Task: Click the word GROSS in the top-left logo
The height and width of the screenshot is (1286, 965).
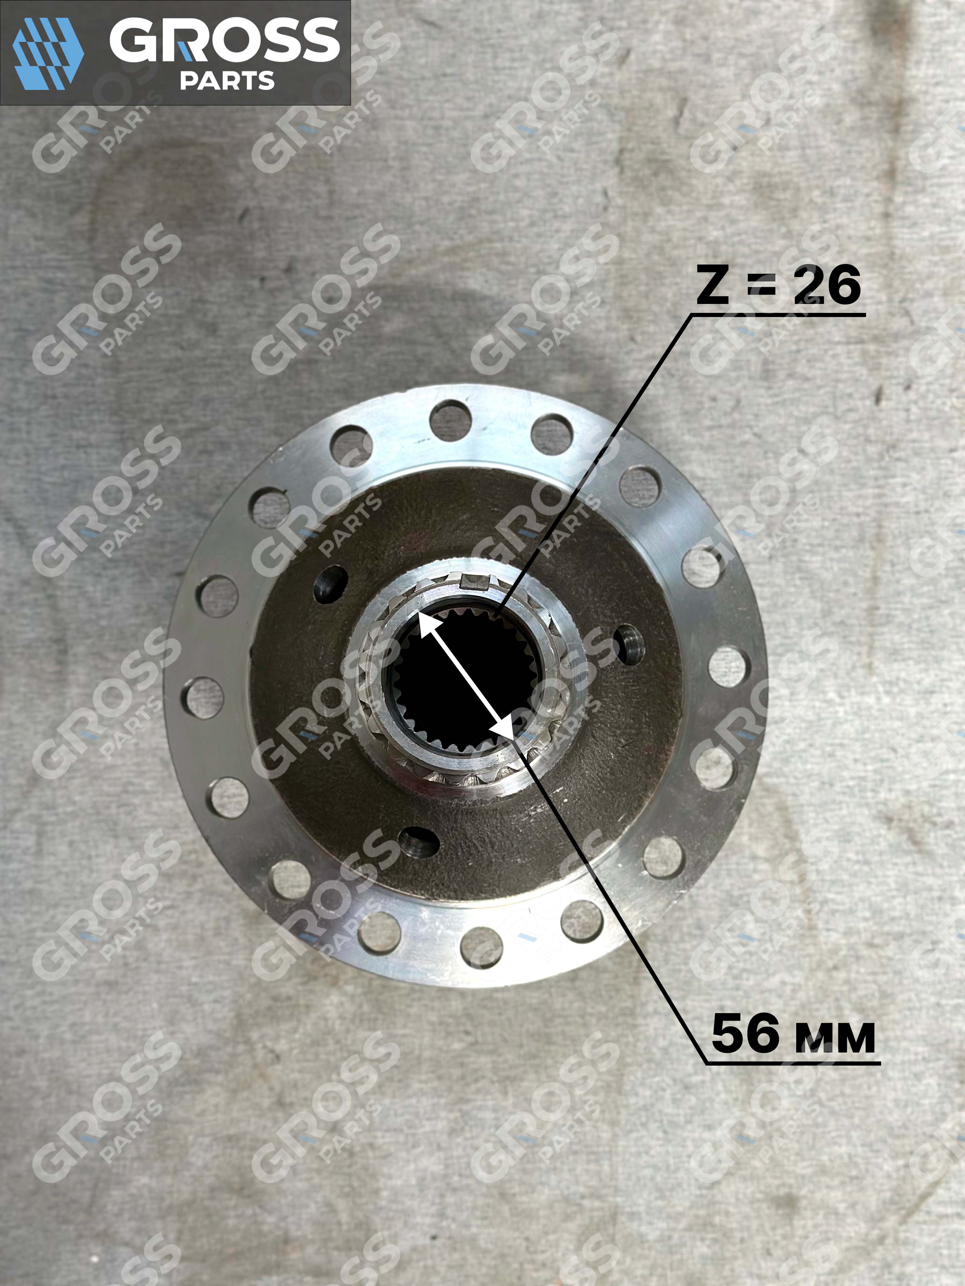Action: [225, 40]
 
